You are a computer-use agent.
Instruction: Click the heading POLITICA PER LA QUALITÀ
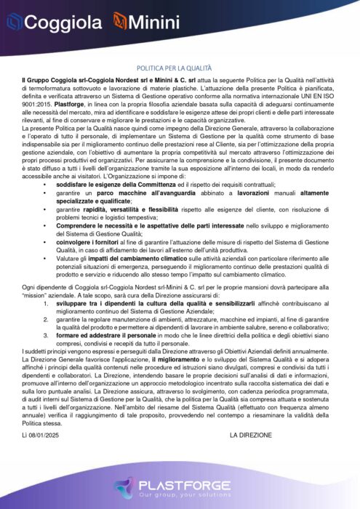(180, 64)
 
